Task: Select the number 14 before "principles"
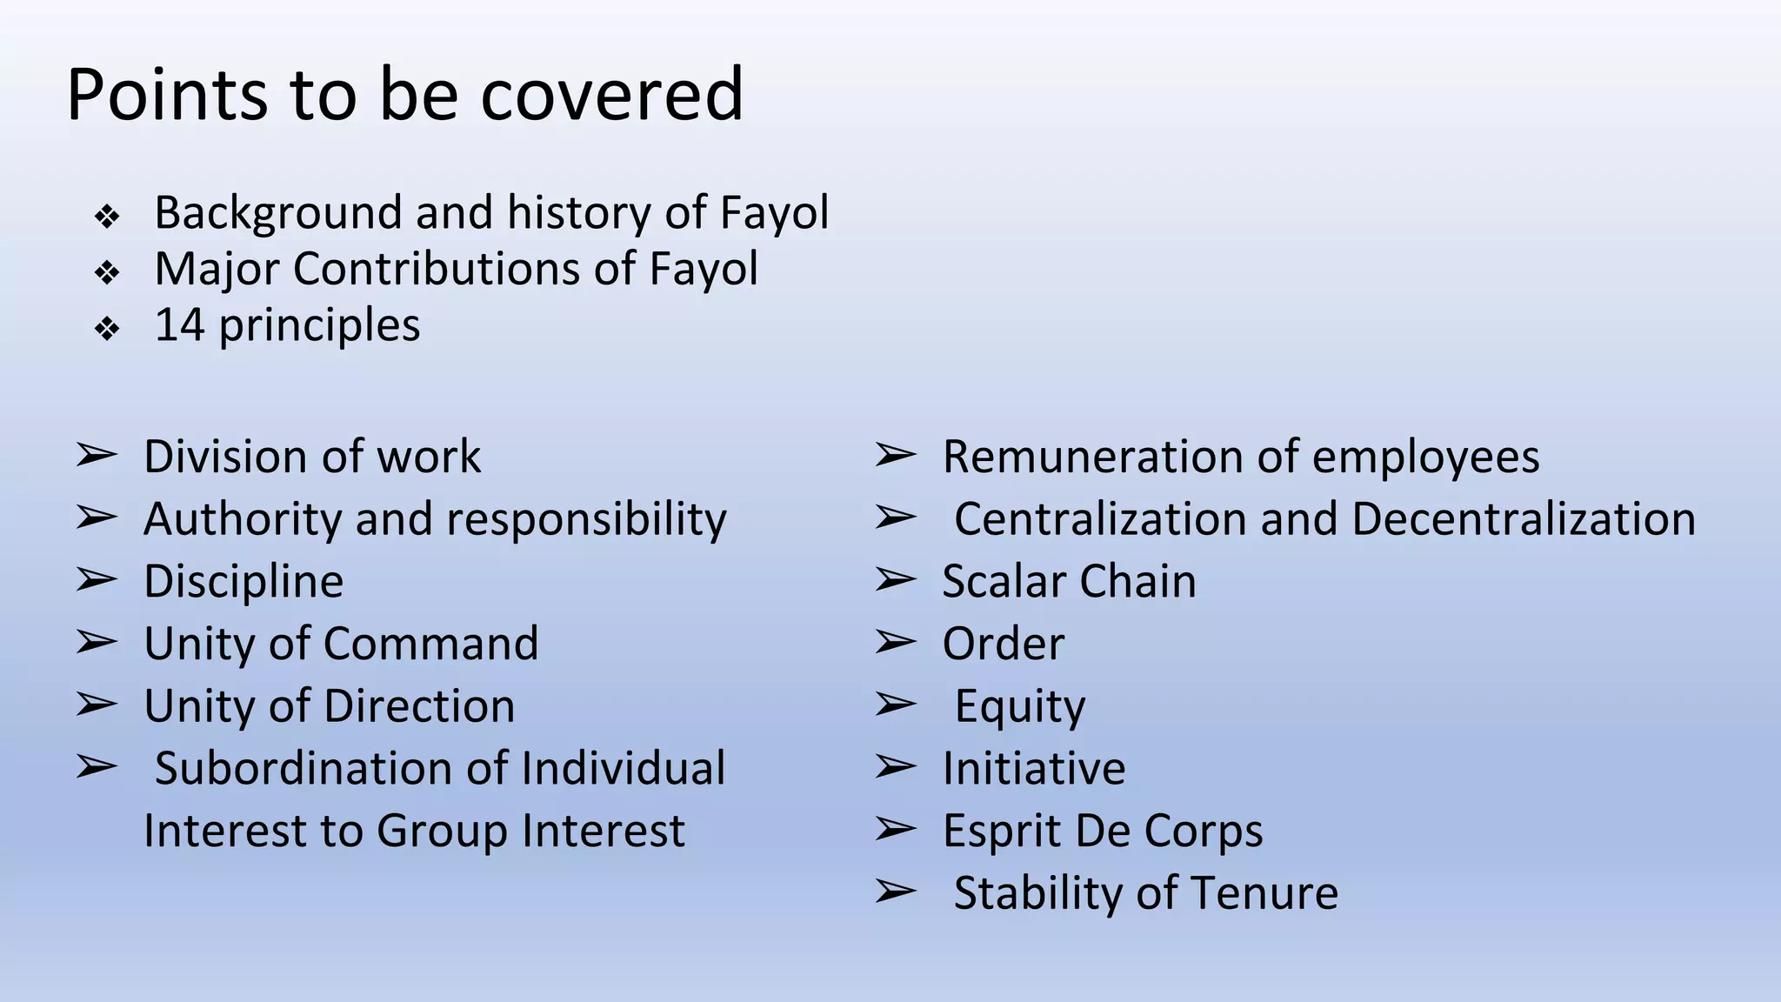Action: point(180,325)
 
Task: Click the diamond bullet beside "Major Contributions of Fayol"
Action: point(107,273)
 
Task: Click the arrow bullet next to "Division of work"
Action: point(96,455)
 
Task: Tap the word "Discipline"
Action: point(243,582)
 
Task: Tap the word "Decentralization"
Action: point(1524,519)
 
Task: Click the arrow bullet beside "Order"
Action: point(895,643)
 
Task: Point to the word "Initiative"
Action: point(1034,769)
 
